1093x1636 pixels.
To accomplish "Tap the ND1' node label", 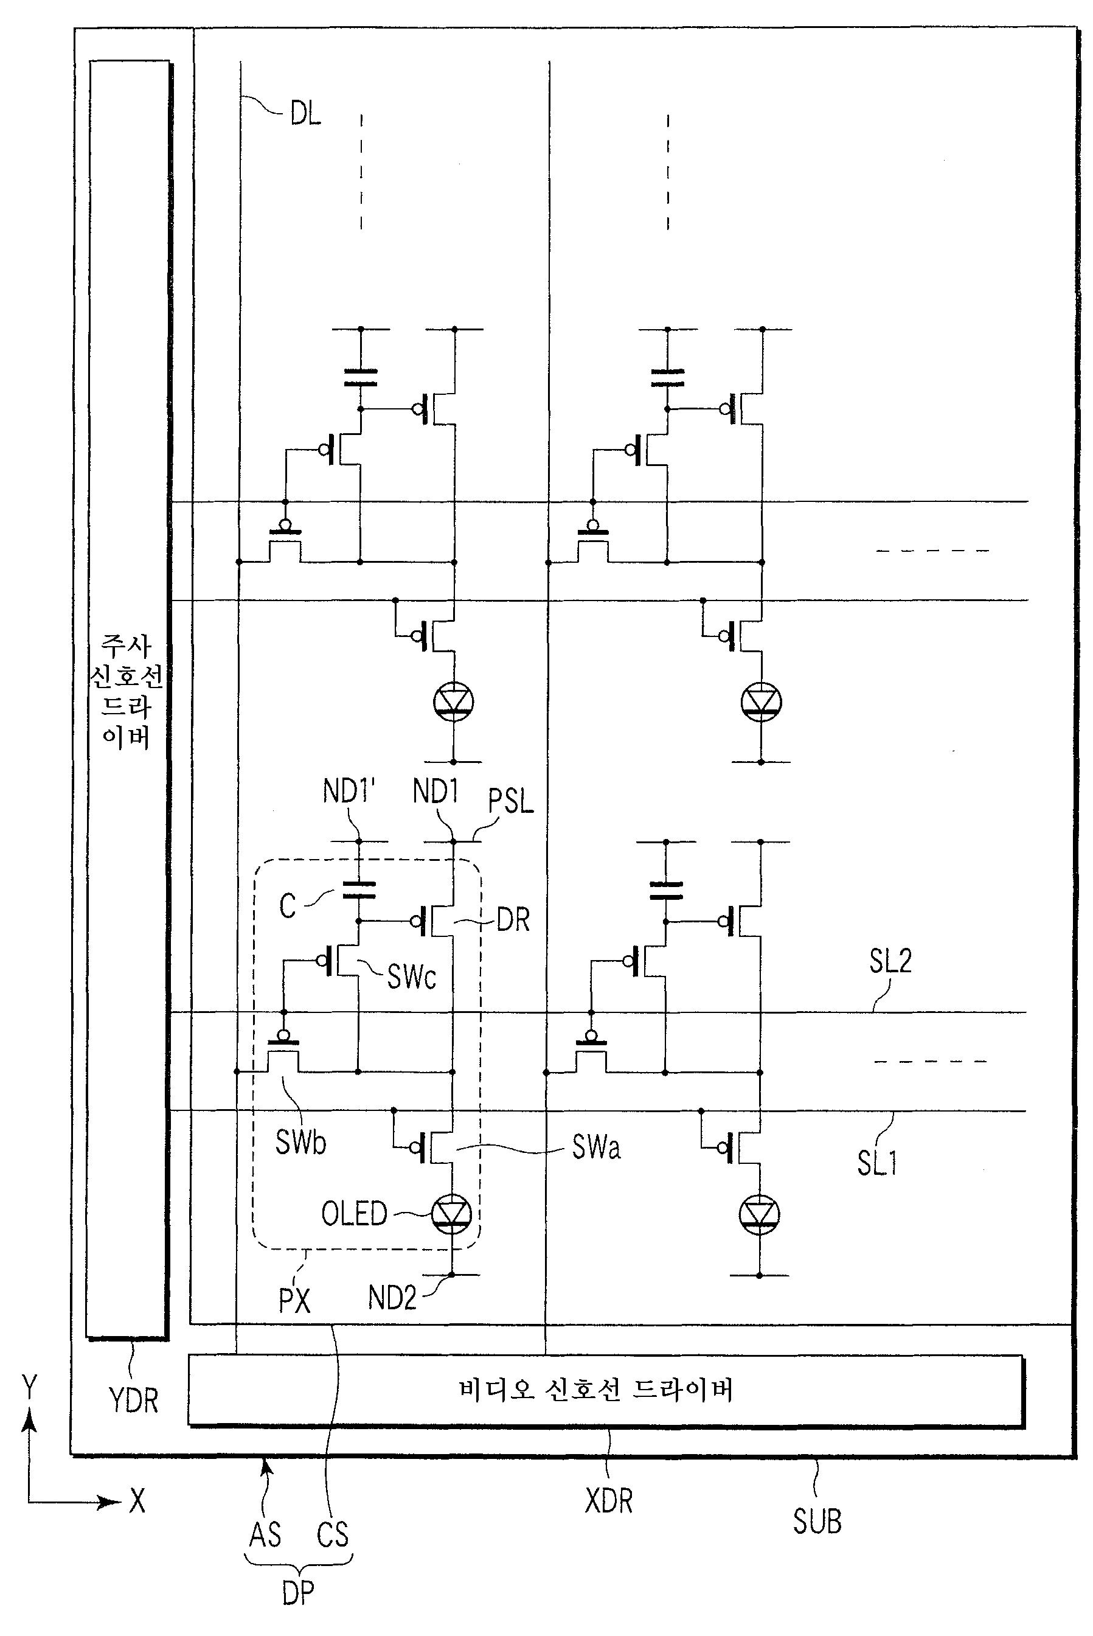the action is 349,792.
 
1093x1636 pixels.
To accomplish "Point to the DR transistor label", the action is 514,920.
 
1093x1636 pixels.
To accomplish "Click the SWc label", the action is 412,977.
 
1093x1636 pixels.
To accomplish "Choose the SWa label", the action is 596,1147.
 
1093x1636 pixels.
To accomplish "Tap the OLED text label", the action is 354,1214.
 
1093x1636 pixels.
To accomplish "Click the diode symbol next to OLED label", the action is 452,1214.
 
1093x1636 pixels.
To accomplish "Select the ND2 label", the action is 392,1298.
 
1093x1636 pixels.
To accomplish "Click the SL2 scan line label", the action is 890,961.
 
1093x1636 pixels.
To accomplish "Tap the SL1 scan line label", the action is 877,1163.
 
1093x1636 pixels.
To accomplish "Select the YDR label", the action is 134,1400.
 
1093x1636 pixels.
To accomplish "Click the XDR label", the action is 608,1501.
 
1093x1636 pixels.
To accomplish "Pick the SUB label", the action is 817,1521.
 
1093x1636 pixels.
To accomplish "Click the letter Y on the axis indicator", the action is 29,1387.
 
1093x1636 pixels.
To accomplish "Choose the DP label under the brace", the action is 299,1593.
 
